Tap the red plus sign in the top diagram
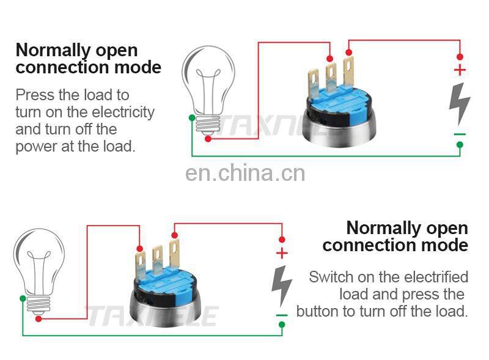click(460, 70)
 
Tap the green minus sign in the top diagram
click(460, 134)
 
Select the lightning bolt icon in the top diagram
click(459, 103)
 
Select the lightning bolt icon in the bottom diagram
click(281, 285)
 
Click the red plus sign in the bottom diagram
click(282, 253)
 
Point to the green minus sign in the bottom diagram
click(281, 315)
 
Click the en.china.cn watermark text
click(244, 174)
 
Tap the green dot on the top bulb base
click(193, 117)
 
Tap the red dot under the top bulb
click(208, 139)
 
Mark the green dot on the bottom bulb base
click(23, 298)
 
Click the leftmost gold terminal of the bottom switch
click(140, 263)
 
